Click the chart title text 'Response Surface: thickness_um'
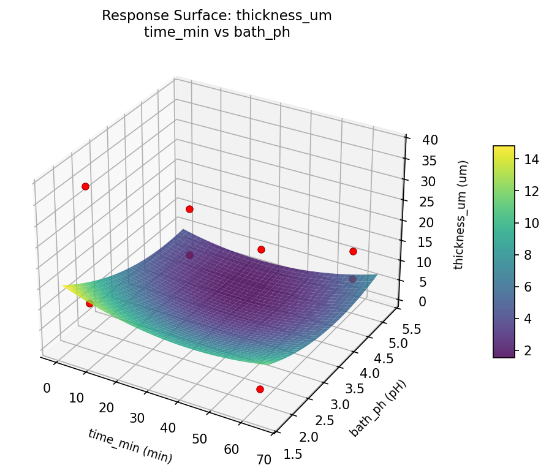click(217, 16)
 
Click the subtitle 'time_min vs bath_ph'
click(217, 32)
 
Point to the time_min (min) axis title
click(130, 445)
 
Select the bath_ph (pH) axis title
click(378, 408)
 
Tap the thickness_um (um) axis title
click(464, 214)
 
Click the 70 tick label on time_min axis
click(264, 460)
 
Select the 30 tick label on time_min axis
click(138, 418)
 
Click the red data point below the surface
click(260, 389)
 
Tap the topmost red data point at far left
click(85, 186)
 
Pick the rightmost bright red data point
click(353, 251)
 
